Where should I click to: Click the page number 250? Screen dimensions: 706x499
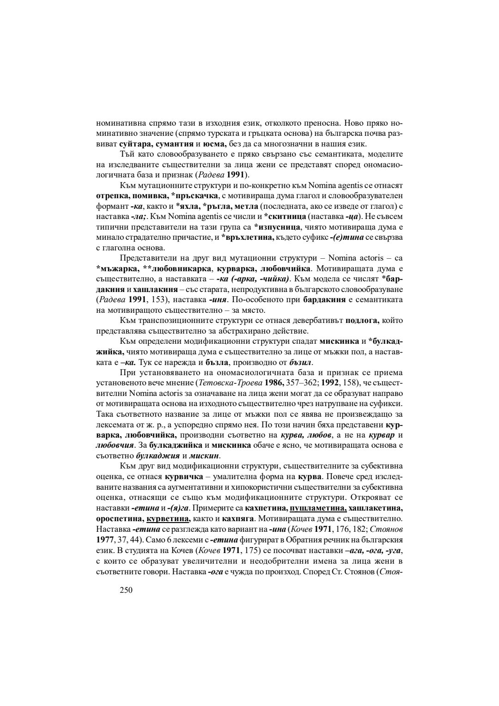click(126, 590)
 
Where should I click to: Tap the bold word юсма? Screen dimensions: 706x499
click(215, 144)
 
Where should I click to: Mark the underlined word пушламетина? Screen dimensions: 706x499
click(318, 508)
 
